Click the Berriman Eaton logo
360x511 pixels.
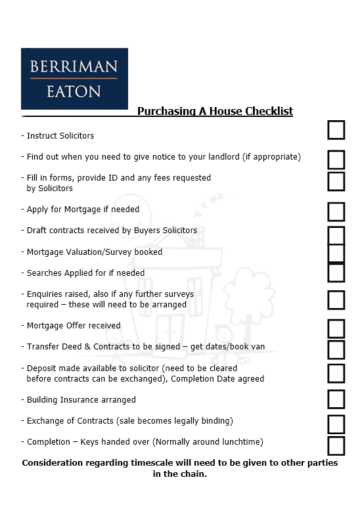pos(74,78)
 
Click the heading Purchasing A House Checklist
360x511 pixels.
pos(215,111)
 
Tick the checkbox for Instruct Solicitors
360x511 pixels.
pos(336,130)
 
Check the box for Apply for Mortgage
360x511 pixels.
pos(336,211)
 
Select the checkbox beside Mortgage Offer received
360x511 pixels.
pos(336,328)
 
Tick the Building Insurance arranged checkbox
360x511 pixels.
pos(336,399)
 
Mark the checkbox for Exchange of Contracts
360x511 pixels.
pos(336,424)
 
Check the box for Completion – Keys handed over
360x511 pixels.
pos(336,445)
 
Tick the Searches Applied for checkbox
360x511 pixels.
pos(336,272)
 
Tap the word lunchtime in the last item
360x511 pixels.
pos(239,442)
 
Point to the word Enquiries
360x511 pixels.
pos(45,294)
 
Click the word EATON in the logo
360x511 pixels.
pos(74,91)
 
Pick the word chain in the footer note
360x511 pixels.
pos(193,474)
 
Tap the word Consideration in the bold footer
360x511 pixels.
pos(56,463)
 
